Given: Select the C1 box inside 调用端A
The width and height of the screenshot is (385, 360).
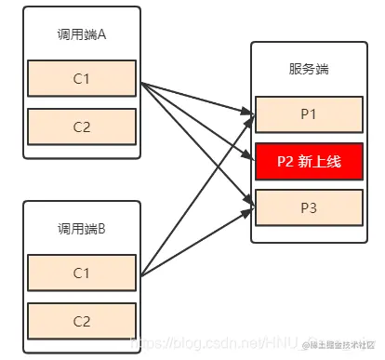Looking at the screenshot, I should (x=82, y=78).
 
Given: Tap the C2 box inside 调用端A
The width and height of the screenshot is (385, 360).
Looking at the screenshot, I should (x=82, y=126).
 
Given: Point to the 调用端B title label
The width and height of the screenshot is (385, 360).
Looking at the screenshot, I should (x=81, y=227).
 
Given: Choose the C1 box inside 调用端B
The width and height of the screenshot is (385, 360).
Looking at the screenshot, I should (x=82, y=272).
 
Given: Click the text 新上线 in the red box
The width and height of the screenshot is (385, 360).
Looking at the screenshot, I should (x=320, y=162).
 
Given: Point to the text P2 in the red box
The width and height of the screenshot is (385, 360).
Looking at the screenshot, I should (x=285, y=162).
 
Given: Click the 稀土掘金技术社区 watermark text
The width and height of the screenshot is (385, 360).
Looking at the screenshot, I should (x=344, y=345).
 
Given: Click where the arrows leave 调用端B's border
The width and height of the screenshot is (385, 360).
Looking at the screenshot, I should (x=141, y=275).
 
